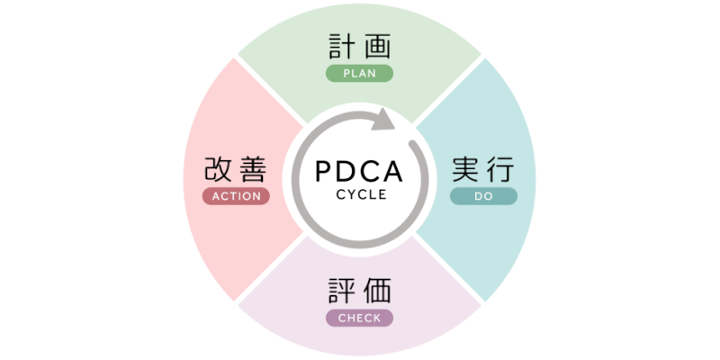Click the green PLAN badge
(359, 74)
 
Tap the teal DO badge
(483, 196)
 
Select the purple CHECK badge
(359, 318)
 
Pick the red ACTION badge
(236, 196)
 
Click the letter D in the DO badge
(478, 196)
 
